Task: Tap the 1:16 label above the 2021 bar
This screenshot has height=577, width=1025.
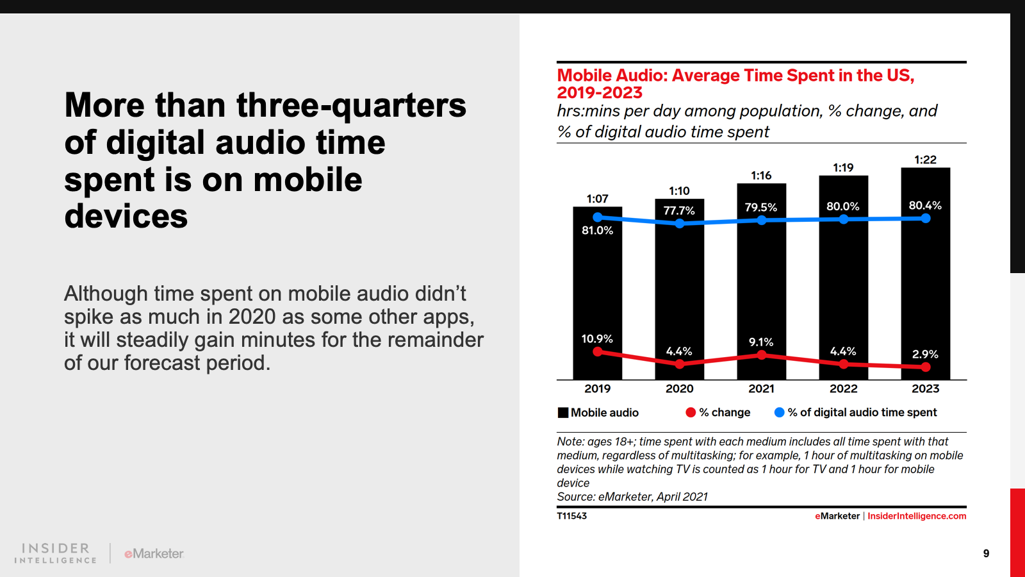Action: pos(761,176)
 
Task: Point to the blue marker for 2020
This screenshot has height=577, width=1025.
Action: pos(680,223)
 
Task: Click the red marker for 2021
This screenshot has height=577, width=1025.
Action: pos(762,355)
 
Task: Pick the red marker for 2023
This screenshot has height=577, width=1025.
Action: pos(926,367)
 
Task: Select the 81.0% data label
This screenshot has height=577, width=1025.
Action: pos(597,230)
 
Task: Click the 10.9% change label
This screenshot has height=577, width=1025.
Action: pos(597,339)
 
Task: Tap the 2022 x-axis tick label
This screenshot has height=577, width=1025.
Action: pos(843,389)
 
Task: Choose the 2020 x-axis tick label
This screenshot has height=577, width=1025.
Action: pos(679,389)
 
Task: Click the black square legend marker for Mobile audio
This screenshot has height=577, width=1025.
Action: pos(563,412)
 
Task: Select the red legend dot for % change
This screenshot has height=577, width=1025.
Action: pos(691,412)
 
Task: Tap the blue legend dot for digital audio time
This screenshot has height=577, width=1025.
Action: pos(779,412)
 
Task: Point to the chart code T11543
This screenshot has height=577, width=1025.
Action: pos(571,516)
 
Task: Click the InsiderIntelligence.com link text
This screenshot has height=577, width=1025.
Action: pos(917,516)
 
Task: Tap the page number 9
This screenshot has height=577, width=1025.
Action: pos(986,553)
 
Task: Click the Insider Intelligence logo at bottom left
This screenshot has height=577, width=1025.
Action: pos(56,553)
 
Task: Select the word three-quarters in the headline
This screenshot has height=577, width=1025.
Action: pos(351,105)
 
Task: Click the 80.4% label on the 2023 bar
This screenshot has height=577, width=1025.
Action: pos(925,205)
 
